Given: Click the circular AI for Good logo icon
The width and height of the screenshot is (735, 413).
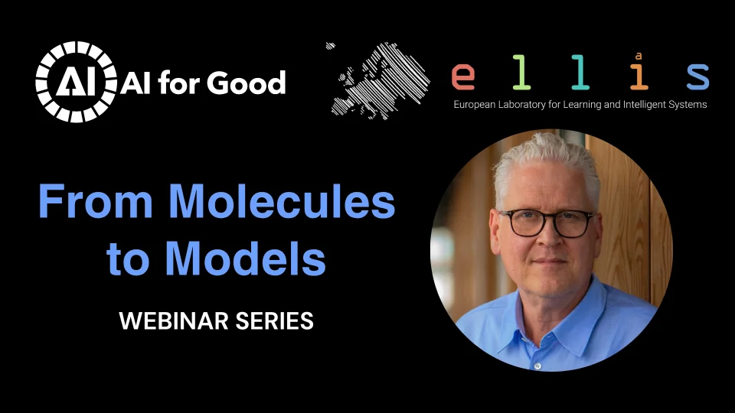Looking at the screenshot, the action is (x=76, y=82).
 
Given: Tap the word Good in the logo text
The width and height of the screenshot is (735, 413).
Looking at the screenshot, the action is (x=246, y=83).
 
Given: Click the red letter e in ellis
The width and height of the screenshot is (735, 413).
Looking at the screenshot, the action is (x=463, y=76).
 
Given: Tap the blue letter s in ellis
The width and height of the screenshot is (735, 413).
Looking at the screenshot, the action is (x=698, y=76).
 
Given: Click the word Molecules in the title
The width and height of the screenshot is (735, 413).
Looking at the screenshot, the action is (x=282, y=201).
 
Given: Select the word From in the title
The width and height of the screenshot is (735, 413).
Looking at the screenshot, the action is (x=96, y=201).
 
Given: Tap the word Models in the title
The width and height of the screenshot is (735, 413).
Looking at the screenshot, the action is (x=246, y=258).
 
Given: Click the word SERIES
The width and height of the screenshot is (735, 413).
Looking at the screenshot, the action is (x=274, y=321).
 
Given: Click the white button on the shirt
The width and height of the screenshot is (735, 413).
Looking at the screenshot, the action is (x=537, y=366).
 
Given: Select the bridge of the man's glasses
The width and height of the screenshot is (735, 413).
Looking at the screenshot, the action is (x=550, y=216).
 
